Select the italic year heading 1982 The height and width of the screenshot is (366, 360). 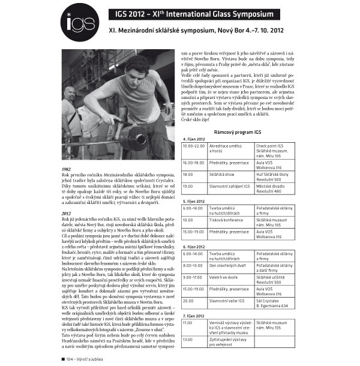click(67, 169)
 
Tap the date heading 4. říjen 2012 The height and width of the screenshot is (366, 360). click(196, 139)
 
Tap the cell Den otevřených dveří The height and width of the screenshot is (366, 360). click(229, 264)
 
